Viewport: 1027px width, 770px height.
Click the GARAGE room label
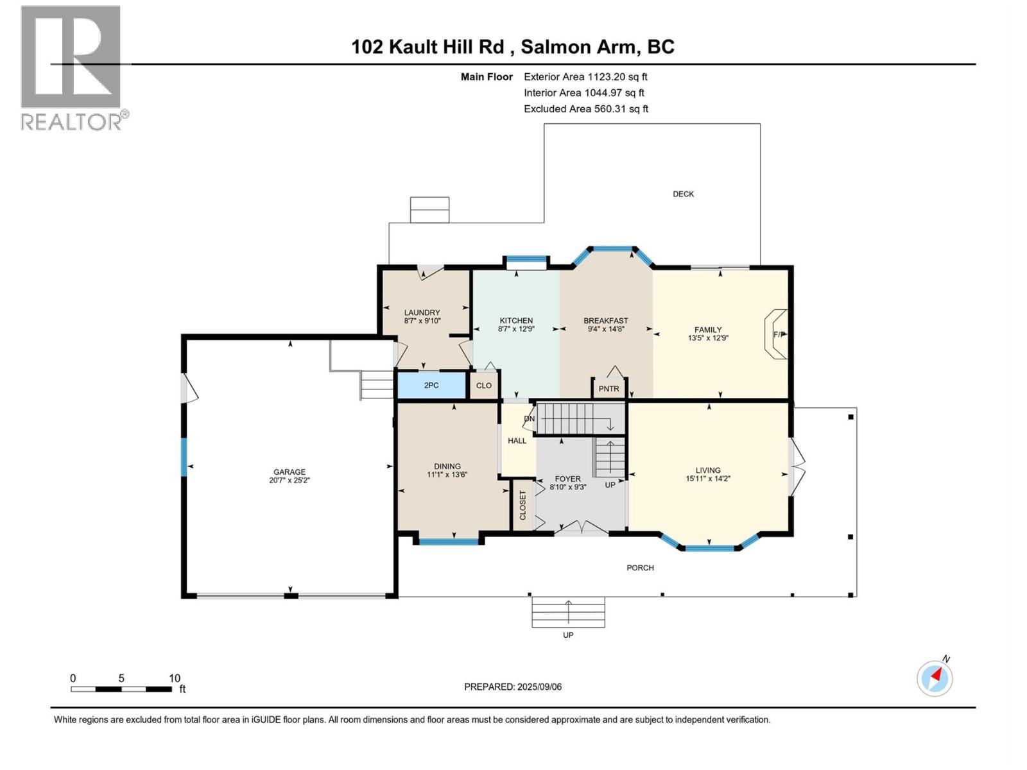tap(289, 472)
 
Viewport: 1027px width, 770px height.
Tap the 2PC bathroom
tap(431, 386)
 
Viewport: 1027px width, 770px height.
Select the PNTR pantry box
tap(608, 388)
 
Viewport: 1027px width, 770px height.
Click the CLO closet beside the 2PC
tap(484, 386)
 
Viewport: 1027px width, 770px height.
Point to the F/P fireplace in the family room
tap(777, 334)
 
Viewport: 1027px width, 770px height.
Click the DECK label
tap(683, 194)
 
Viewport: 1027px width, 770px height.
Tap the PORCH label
tap(640, 567)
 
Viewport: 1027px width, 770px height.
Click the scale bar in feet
tap(121, 689)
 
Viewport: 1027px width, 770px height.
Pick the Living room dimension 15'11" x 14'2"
tap(708, 479)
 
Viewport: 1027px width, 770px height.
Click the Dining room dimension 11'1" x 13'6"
tap(447, 475)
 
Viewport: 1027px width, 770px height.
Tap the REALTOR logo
tap(72, 67)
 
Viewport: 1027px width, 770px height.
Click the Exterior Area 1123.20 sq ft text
tap(585, 76)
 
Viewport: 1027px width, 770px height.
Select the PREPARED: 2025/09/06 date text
tap(513, 687)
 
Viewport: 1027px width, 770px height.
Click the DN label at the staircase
tap(529, 418)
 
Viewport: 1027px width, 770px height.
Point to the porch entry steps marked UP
tap(568, 612)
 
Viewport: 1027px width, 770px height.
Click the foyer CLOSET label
tap(522, 505)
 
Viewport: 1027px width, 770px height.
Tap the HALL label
tap(517, 441)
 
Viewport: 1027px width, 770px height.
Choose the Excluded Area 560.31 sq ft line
tap(585, 108)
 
